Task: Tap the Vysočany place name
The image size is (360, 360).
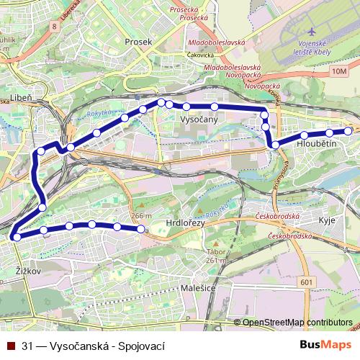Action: pos(199,120)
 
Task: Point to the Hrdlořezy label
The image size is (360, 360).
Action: pos(185,224)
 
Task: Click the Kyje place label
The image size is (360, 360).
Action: pos(326,220)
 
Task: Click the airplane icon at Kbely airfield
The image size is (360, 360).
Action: pos(311,33)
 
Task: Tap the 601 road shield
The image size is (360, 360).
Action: pos(307,282)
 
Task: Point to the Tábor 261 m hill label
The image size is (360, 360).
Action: pos(217,257)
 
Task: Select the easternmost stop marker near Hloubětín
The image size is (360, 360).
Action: pos(348,130)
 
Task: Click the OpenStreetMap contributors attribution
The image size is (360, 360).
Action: pos(297,323)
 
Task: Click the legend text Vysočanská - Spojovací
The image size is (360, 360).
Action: pos(99,346)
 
